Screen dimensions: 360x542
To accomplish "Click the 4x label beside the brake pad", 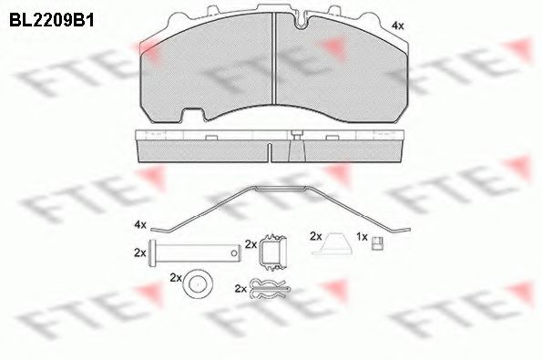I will pyautogui.click(x=397, y=26).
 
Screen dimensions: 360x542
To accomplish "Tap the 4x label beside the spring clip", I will pyautogui.click(x=139, y=224).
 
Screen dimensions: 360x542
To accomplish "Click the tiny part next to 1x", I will pyautogui.click(x=378, y=241).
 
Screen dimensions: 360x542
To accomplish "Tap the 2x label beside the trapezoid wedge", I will pyautogui.click(x=315, y=235).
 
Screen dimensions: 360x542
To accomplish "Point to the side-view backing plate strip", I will pyautogui.click(x=273, y=141).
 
